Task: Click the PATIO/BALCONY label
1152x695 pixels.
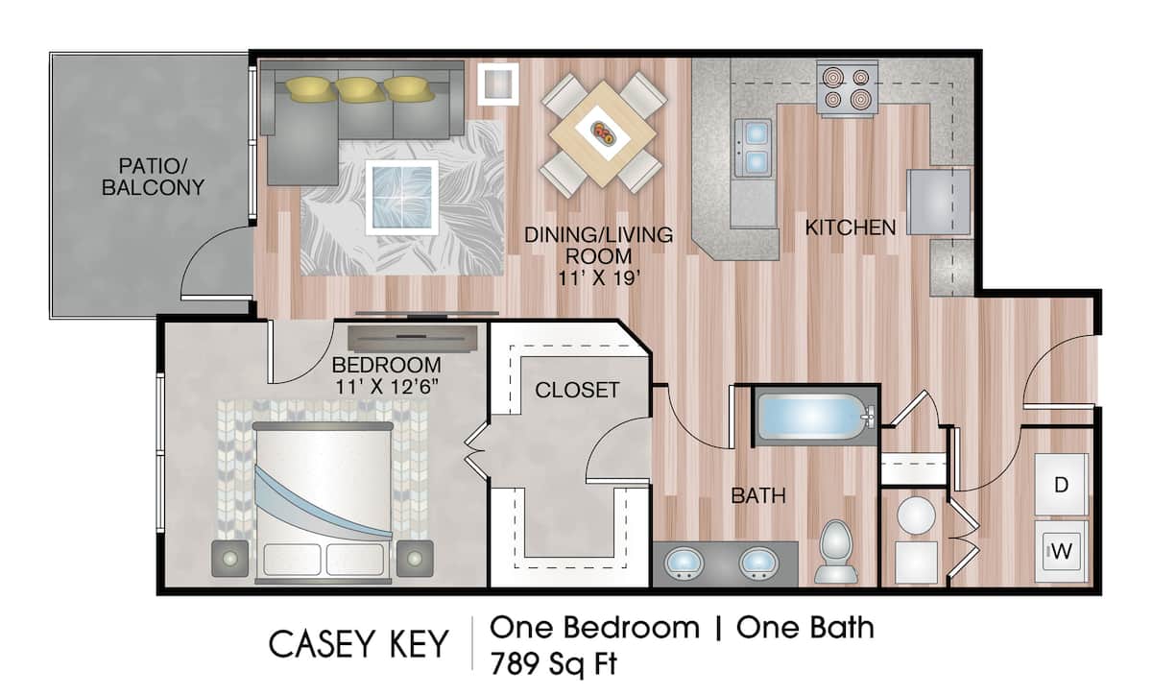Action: click(x=154, y=175)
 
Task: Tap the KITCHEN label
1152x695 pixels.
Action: click(x=850, y=228)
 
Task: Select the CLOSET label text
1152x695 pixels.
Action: click(x=577, y=390)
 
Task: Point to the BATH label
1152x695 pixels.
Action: click(x=758, y=496)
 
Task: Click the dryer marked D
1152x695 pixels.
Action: click(x=1061, y=485)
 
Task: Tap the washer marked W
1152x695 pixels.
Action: click(x=1061, y=552)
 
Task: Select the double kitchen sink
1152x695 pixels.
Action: click(x=754, y=148)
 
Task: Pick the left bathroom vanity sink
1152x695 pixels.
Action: click(x=684, y=562)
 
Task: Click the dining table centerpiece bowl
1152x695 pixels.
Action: click(x=605, y=133)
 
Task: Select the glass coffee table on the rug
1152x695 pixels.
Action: click(x=403, y=195)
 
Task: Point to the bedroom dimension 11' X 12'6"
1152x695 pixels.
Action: click(x=388, y=385)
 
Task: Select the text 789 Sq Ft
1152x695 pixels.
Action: click(x=555, y=662)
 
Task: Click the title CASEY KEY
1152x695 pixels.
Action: click(x=358, y=644)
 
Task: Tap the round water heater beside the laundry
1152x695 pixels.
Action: click(x=916, y=516)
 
